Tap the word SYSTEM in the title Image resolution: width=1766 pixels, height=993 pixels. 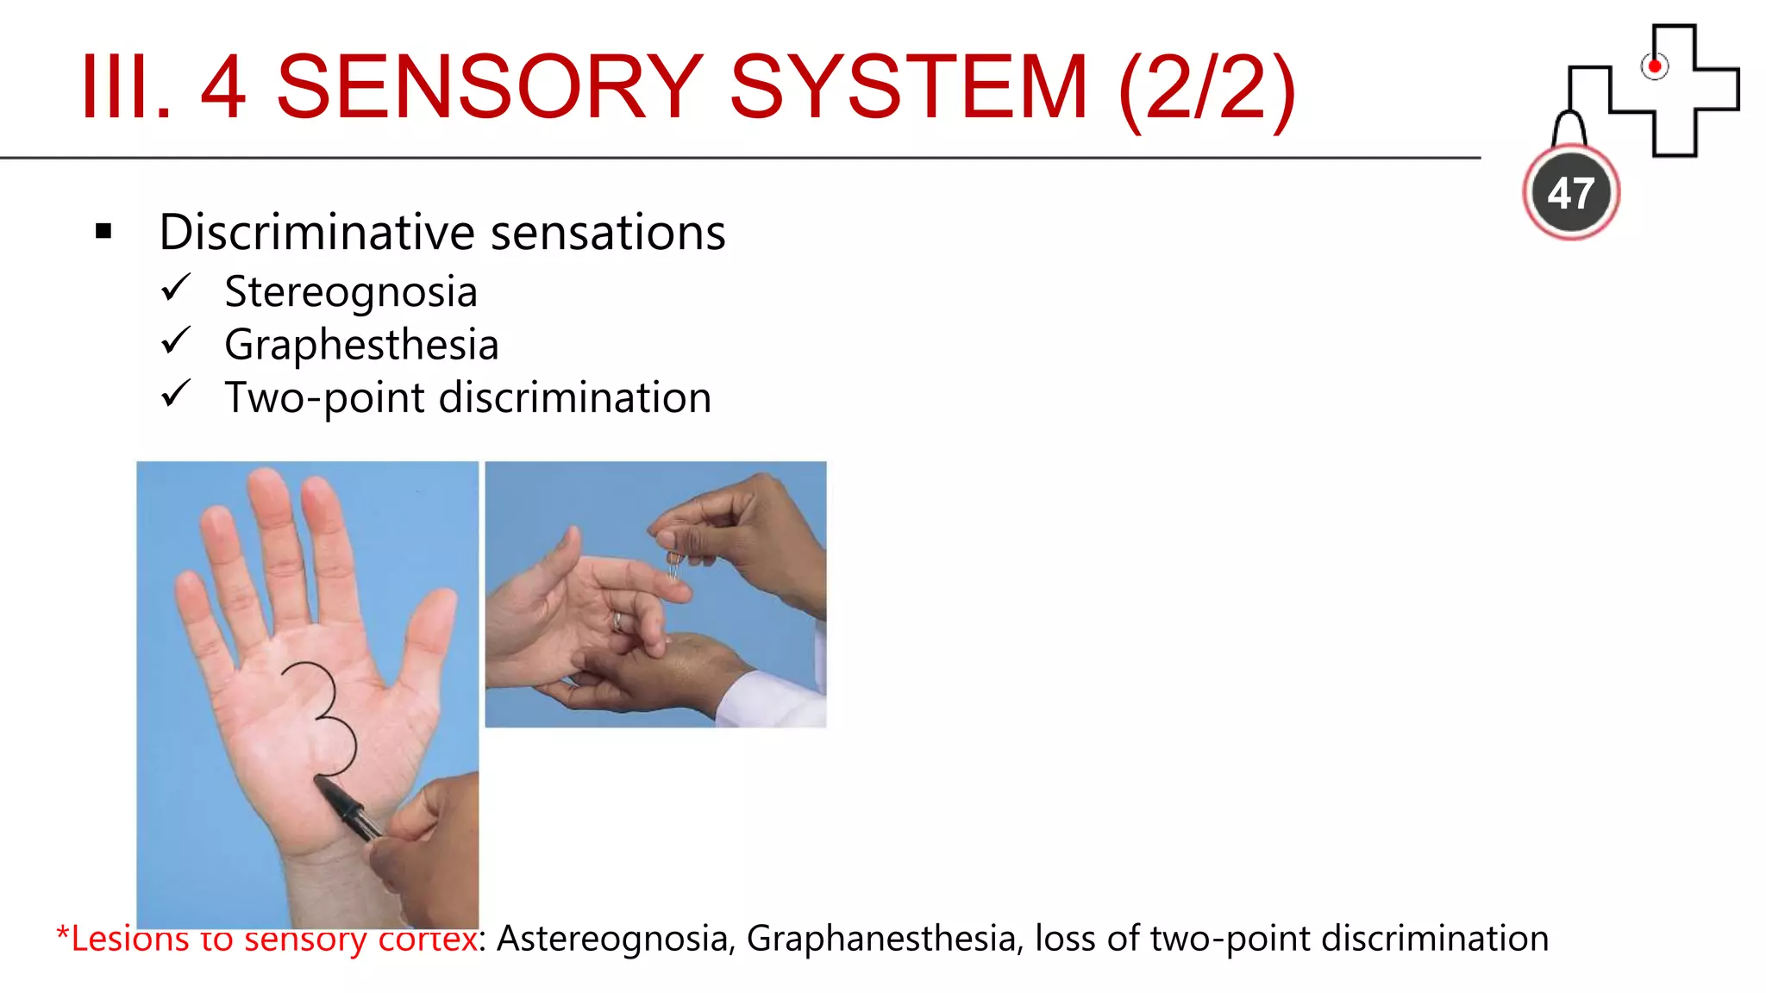[x=908, y=87]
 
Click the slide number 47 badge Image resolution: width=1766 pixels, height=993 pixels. [x=1570, y=192]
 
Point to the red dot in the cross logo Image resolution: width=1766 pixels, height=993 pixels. [x=1654, y=66]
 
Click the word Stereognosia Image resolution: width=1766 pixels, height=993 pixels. [x=350, y=291]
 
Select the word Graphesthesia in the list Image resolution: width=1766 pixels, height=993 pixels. [x=361, y=344]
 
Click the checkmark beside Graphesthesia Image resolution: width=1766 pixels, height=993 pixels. [x=175, y=340]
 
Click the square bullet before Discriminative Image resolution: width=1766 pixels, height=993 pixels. [x=104, y=231]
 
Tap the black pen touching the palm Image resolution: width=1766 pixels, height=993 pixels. [x=349, y=807]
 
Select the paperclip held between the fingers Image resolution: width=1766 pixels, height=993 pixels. [x=673, y=565]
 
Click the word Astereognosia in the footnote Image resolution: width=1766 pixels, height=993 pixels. [x=611, y=939]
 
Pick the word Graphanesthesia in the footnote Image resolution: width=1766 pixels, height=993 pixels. [x=880, y=939]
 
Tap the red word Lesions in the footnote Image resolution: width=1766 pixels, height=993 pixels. [x=128, y=939]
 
